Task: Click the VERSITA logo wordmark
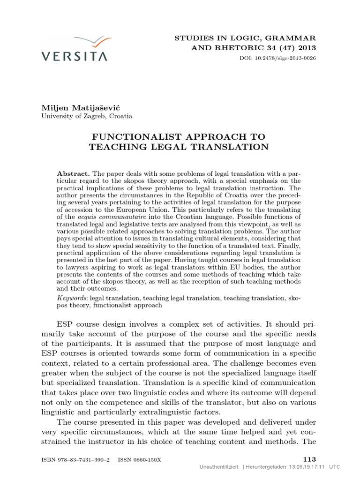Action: coord(74,56)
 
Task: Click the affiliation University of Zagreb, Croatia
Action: coord(87,116)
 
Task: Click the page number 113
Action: coord(309,459)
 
